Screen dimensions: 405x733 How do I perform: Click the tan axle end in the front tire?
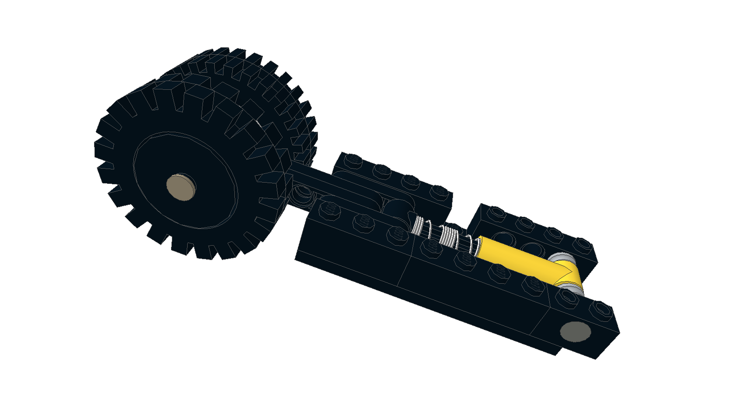[x=181, y=187]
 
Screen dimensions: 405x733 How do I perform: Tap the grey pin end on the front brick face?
[x=575, y=331]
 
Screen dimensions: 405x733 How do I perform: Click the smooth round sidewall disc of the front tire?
[x=184, y=180]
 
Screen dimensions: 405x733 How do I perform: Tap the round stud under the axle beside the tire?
[x=302, y=193]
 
